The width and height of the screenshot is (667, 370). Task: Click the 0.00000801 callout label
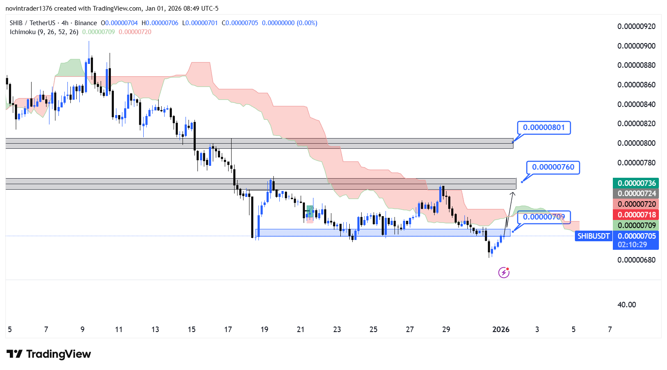tap(544, 127)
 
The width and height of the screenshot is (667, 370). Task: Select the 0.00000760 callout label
tap(553, 167)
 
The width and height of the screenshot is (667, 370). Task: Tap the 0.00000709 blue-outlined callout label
tap(544, 217)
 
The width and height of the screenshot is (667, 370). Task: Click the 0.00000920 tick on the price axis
tap(636, 26)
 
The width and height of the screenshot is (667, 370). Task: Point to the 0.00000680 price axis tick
tap(636, 260)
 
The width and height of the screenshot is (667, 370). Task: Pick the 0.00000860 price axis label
tap(636, 85)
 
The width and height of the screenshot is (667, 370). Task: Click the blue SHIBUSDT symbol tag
tap(593, 236)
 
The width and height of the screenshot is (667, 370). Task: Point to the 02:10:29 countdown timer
tap(632, 245)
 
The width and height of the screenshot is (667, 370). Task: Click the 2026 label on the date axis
tap(501, 330)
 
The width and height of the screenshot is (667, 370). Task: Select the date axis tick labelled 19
tap(264, 330)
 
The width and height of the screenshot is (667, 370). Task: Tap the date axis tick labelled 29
tap(446, 330)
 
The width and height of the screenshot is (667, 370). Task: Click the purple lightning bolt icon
tap(504, 272)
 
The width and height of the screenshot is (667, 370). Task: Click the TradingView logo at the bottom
tap(49, 354)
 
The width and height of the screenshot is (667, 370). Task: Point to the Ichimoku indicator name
tap(23, 32)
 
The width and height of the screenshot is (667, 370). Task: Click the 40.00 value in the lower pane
tap(626, 305)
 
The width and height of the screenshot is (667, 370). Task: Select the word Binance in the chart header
tap(86, 23)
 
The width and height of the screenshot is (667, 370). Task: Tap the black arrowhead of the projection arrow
tap(513, 194)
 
